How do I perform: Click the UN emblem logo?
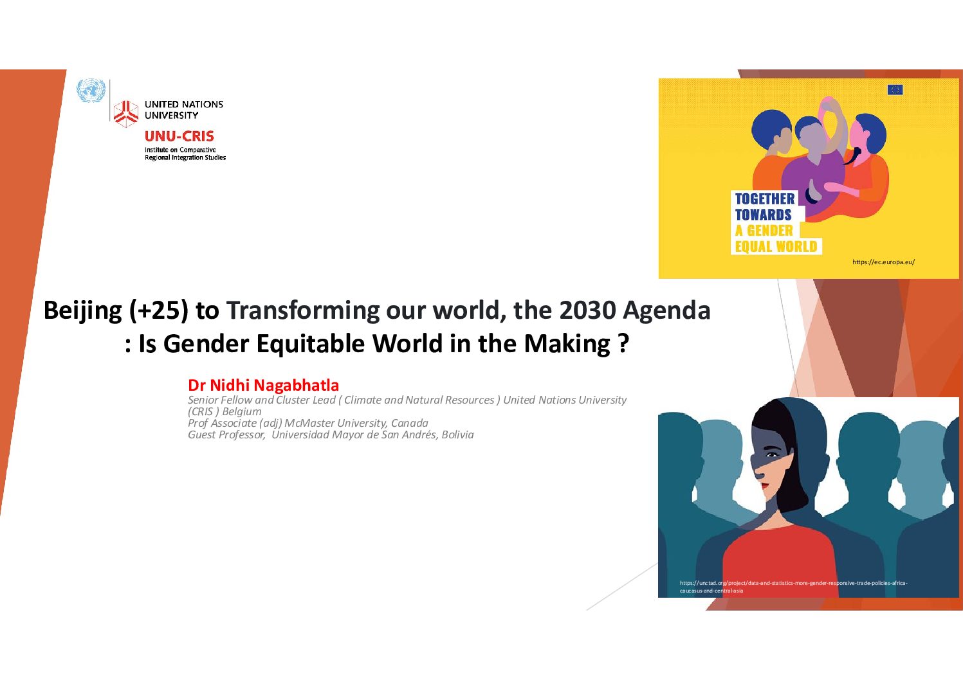pos(91,91)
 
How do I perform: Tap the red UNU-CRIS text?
pos(179,136)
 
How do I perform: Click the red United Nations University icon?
pos(125,113)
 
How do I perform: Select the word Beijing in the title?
pos(82,310)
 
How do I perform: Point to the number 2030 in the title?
pos(587,310)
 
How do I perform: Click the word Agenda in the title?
pos(666,311)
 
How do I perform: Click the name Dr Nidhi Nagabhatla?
pos(263,386)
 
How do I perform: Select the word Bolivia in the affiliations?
pos(457,434)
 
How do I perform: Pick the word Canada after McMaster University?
pos(409,423)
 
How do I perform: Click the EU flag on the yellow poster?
pos(895,90)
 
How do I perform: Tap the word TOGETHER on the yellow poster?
pos(765,199)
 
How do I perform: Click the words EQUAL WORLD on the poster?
pos(776,247)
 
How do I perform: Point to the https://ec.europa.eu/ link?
pos(883,262)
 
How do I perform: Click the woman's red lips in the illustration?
pos(766,486)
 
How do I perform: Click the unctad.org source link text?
pos(794,587)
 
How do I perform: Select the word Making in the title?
pos(567,344)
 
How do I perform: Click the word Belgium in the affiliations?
pos(242,411)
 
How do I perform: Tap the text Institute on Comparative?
pos(180,150)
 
